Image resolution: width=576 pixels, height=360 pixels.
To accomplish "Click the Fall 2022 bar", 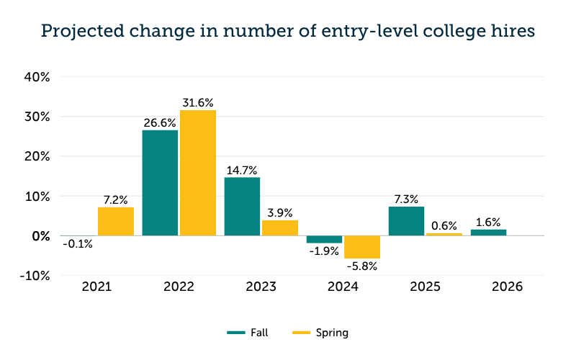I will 160,183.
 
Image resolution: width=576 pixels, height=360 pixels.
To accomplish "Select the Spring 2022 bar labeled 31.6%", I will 198,173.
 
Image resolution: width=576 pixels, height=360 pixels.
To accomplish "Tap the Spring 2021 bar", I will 116,221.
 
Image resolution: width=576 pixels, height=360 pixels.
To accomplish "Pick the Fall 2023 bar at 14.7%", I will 242,207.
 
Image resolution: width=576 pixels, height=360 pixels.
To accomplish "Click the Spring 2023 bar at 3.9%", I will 280,228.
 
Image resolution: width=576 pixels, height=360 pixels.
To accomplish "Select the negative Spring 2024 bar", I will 362,247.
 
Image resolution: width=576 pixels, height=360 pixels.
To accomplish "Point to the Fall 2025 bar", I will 406,221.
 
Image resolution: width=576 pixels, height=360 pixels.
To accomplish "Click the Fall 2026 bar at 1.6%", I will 488,233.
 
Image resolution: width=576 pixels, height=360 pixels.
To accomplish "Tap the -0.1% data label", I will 77,243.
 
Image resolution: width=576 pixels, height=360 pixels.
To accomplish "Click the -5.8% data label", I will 361,266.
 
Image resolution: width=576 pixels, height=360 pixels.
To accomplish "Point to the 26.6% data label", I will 160,123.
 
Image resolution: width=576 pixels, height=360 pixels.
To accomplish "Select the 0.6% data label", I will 444,226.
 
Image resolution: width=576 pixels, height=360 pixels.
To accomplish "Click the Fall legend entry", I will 248,332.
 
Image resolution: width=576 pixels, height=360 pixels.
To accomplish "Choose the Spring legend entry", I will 320,332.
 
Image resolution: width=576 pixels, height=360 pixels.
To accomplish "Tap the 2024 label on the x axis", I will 343,287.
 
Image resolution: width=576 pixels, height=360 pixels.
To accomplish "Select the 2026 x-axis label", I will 507,287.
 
